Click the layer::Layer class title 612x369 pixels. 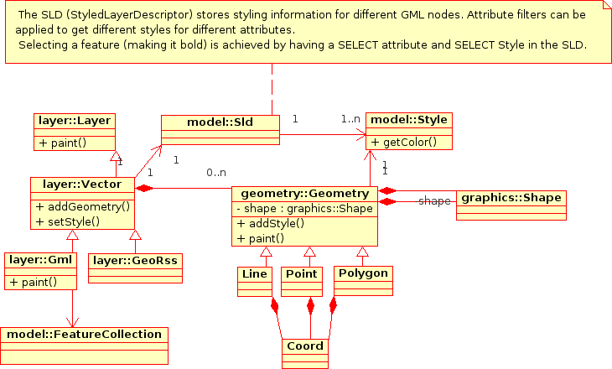tap(75, 121)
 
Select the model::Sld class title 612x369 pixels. tap(220, 122)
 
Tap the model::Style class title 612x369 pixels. tap(409, 121)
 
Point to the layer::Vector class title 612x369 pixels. tap(82, 184)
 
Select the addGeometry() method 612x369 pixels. tap(83, 206)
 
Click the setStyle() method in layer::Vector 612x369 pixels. tap(68, 221)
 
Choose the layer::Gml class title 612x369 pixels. tap(41, 260)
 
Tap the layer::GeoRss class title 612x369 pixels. tap(135, 260)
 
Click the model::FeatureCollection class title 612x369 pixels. tap(84, 335)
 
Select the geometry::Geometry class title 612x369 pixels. tap(304, 193)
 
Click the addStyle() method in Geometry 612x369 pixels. tap(271, 223)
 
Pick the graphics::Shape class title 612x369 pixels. tap(510, 198)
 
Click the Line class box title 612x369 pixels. tap(254, 274)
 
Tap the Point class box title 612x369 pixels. tap(301, 274)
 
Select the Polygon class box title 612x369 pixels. tap(363, 273)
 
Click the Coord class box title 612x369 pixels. tap(305, 346)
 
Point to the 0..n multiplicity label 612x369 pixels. tap(216, 173)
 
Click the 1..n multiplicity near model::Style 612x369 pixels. tap(350, 119)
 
